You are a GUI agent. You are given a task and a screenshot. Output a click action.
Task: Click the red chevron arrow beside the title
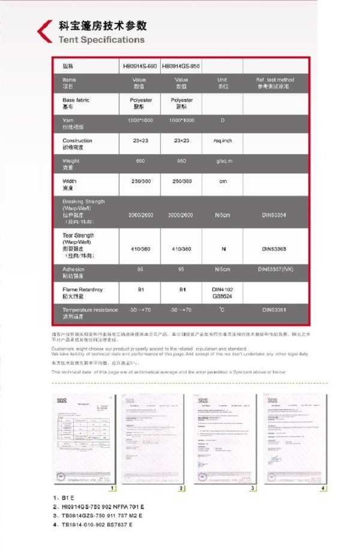point(44,31)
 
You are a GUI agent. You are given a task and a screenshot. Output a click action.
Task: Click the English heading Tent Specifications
point(101,40)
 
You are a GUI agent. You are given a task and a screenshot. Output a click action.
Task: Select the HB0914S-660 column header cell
point(140,66)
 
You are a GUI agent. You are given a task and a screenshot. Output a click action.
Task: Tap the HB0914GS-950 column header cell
point(181,66)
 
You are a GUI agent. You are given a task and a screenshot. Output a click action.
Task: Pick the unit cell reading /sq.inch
point(222,140)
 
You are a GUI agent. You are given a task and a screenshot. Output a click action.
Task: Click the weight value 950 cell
point(181,161)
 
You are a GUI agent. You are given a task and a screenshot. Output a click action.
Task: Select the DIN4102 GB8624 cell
point(222,292)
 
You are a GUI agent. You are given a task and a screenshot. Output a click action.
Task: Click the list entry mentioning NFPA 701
point(103,507)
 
